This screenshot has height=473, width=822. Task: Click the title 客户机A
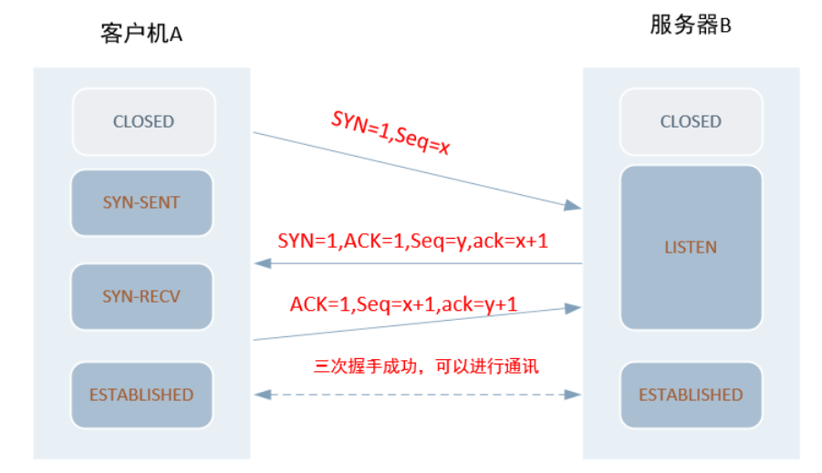141,34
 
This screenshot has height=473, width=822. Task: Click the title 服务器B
691,25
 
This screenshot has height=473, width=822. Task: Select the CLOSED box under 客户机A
143,121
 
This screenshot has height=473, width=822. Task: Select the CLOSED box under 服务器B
691,121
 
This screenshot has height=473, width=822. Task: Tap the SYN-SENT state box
141,202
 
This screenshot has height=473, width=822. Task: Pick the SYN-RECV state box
141,296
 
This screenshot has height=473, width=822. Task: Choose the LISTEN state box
691,247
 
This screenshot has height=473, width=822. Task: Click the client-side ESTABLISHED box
141,395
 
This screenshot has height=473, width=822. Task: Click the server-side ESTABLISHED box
691,395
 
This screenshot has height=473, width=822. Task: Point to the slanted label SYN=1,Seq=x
390,133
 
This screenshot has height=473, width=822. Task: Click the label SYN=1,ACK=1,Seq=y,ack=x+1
412,241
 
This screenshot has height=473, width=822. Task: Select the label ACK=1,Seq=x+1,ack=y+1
403,303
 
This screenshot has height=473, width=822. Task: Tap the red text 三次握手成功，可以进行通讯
426,365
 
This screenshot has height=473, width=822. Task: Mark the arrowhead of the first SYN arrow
573,205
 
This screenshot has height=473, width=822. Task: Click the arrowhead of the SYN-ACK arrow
262,263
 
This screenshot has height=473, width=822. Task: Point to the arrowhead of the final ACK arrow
573,308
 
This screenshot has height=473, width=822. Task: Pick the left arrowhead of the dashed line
262,395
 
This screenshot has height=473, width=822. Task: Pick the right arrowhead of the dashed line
573,395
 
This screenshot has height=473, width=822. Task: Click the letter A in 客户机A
176,35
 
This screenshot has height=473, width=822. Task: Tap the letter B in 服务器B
725,26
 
